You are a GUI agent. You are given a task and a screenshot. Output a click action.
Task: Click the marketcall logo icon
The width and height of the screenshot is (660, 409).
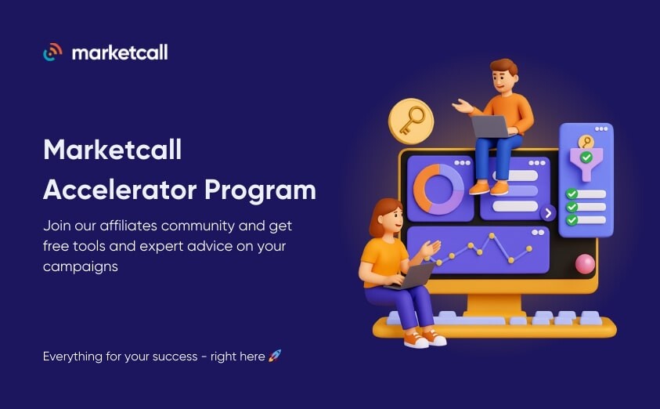(x=52, y=52)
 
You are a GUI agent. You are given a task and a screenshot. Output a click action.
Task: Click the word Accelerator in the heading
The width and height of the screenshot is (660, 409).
(x=120, y=190)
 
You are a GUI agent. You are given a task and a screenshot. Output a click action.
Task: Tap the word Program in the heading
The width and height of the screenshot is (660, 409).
(x=260, y=191)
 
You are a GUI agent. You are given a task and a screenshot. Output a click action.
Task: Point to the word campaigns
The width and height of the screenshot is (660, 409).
(x=81, y=267)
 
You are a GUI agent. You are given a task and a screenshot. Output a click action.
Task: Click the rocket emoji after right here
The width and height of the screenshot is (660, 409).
(x=275, y=356)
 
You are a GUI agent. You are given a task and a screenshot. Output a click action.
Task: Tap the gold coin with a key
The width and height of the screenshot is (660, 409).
(x=411, y=121)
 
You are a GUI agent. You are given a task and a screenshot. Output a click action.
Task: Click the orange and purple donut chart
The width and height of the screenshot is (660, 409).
(x=438, y=189)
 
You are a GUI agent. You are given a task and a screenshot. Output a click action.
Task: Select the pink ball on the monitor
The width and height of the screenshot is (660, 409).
(x=585, y=264)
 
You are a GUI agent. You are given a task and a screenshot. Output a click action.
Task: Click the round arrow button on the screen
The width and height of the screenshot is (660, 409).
(x=548, y=214)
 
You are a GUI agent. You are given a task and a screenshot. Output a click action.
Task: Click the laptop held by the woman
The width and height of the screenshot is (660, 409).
(x=412, y=277)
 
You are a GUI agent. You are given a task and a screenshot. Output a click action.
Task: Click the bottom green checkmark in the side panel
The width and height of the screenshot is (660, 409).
(x=572, y=220)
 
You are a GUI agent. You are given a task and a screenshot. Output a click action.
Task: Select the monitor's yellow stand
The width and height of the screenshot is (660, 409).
(x=494, y=305)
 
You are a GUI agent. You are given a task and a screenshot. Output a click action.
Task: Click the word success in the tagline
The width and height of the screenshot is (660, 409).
(x=175, y=357)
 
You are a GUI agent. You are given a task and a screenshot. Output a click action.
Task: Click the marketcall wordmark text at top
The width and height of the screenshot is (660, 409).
(x=120, y=52)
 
